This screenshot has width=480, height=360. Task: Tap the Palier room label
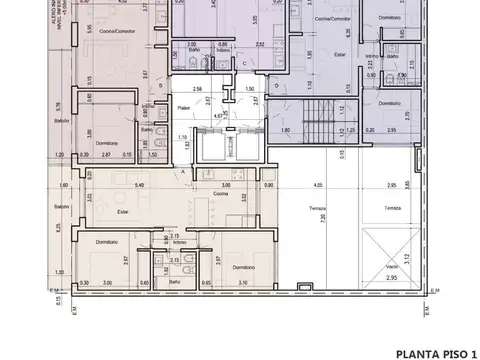pos(183,107)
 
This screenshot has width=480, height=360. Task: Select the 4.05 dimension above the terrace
pos(317,184)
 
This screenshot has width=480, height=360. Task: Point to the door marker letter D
pos(277,87)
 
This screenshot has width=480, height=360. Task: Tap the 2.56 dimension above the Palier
pos(200,90)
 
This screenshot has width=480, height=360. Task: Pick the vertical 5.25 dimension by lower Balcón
pos(60,227)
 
